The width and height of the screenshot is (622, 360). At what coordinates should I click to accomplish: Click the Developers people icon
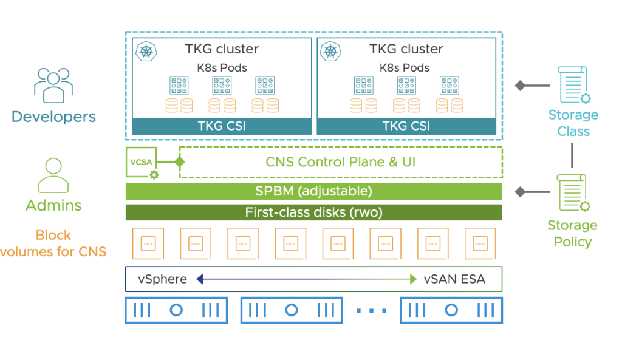point(53,86)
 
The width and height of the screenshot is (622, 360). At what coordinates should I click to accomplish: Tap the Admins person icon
point(53,176)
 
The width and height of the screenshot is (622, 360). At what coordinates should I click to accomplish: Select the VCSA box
point(141,163)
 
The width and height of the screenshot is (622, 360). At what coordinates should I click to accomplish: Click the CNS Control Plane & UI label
point(340,162)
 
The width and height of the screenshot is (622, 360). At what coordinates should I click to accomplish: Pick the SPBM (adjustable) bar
point(313,191)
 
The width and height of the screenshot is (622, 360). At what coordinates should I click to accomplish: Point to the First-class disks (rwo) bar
point(313,212)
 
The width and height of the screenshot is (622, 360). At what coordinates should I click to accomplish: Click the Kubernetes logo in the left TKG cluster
point(145,50)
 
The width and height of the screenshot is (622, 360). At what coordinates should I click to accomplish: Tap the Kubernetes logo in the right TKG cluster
point(330,50)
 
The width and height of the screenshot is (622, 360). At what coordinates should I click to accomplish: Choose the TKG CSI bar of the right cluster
point(406,126)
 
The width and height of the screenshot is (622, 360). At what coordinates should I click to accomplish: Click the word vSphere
point(162,279)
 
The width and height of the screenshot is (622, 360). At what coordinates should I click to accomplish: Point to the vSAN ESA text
point(454,279)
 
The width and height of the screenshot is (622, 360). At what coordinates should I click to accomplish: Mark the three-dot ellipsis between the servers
point(372,311)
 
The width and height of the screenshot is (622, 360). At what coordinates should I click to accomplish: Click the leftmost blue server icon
point(176,310)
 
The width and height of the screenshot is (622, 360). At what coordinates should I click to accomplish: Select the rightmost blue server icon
point(451,310)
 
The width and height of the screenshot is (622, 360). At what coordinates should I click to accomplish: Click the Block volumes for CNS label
point(53,243)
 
